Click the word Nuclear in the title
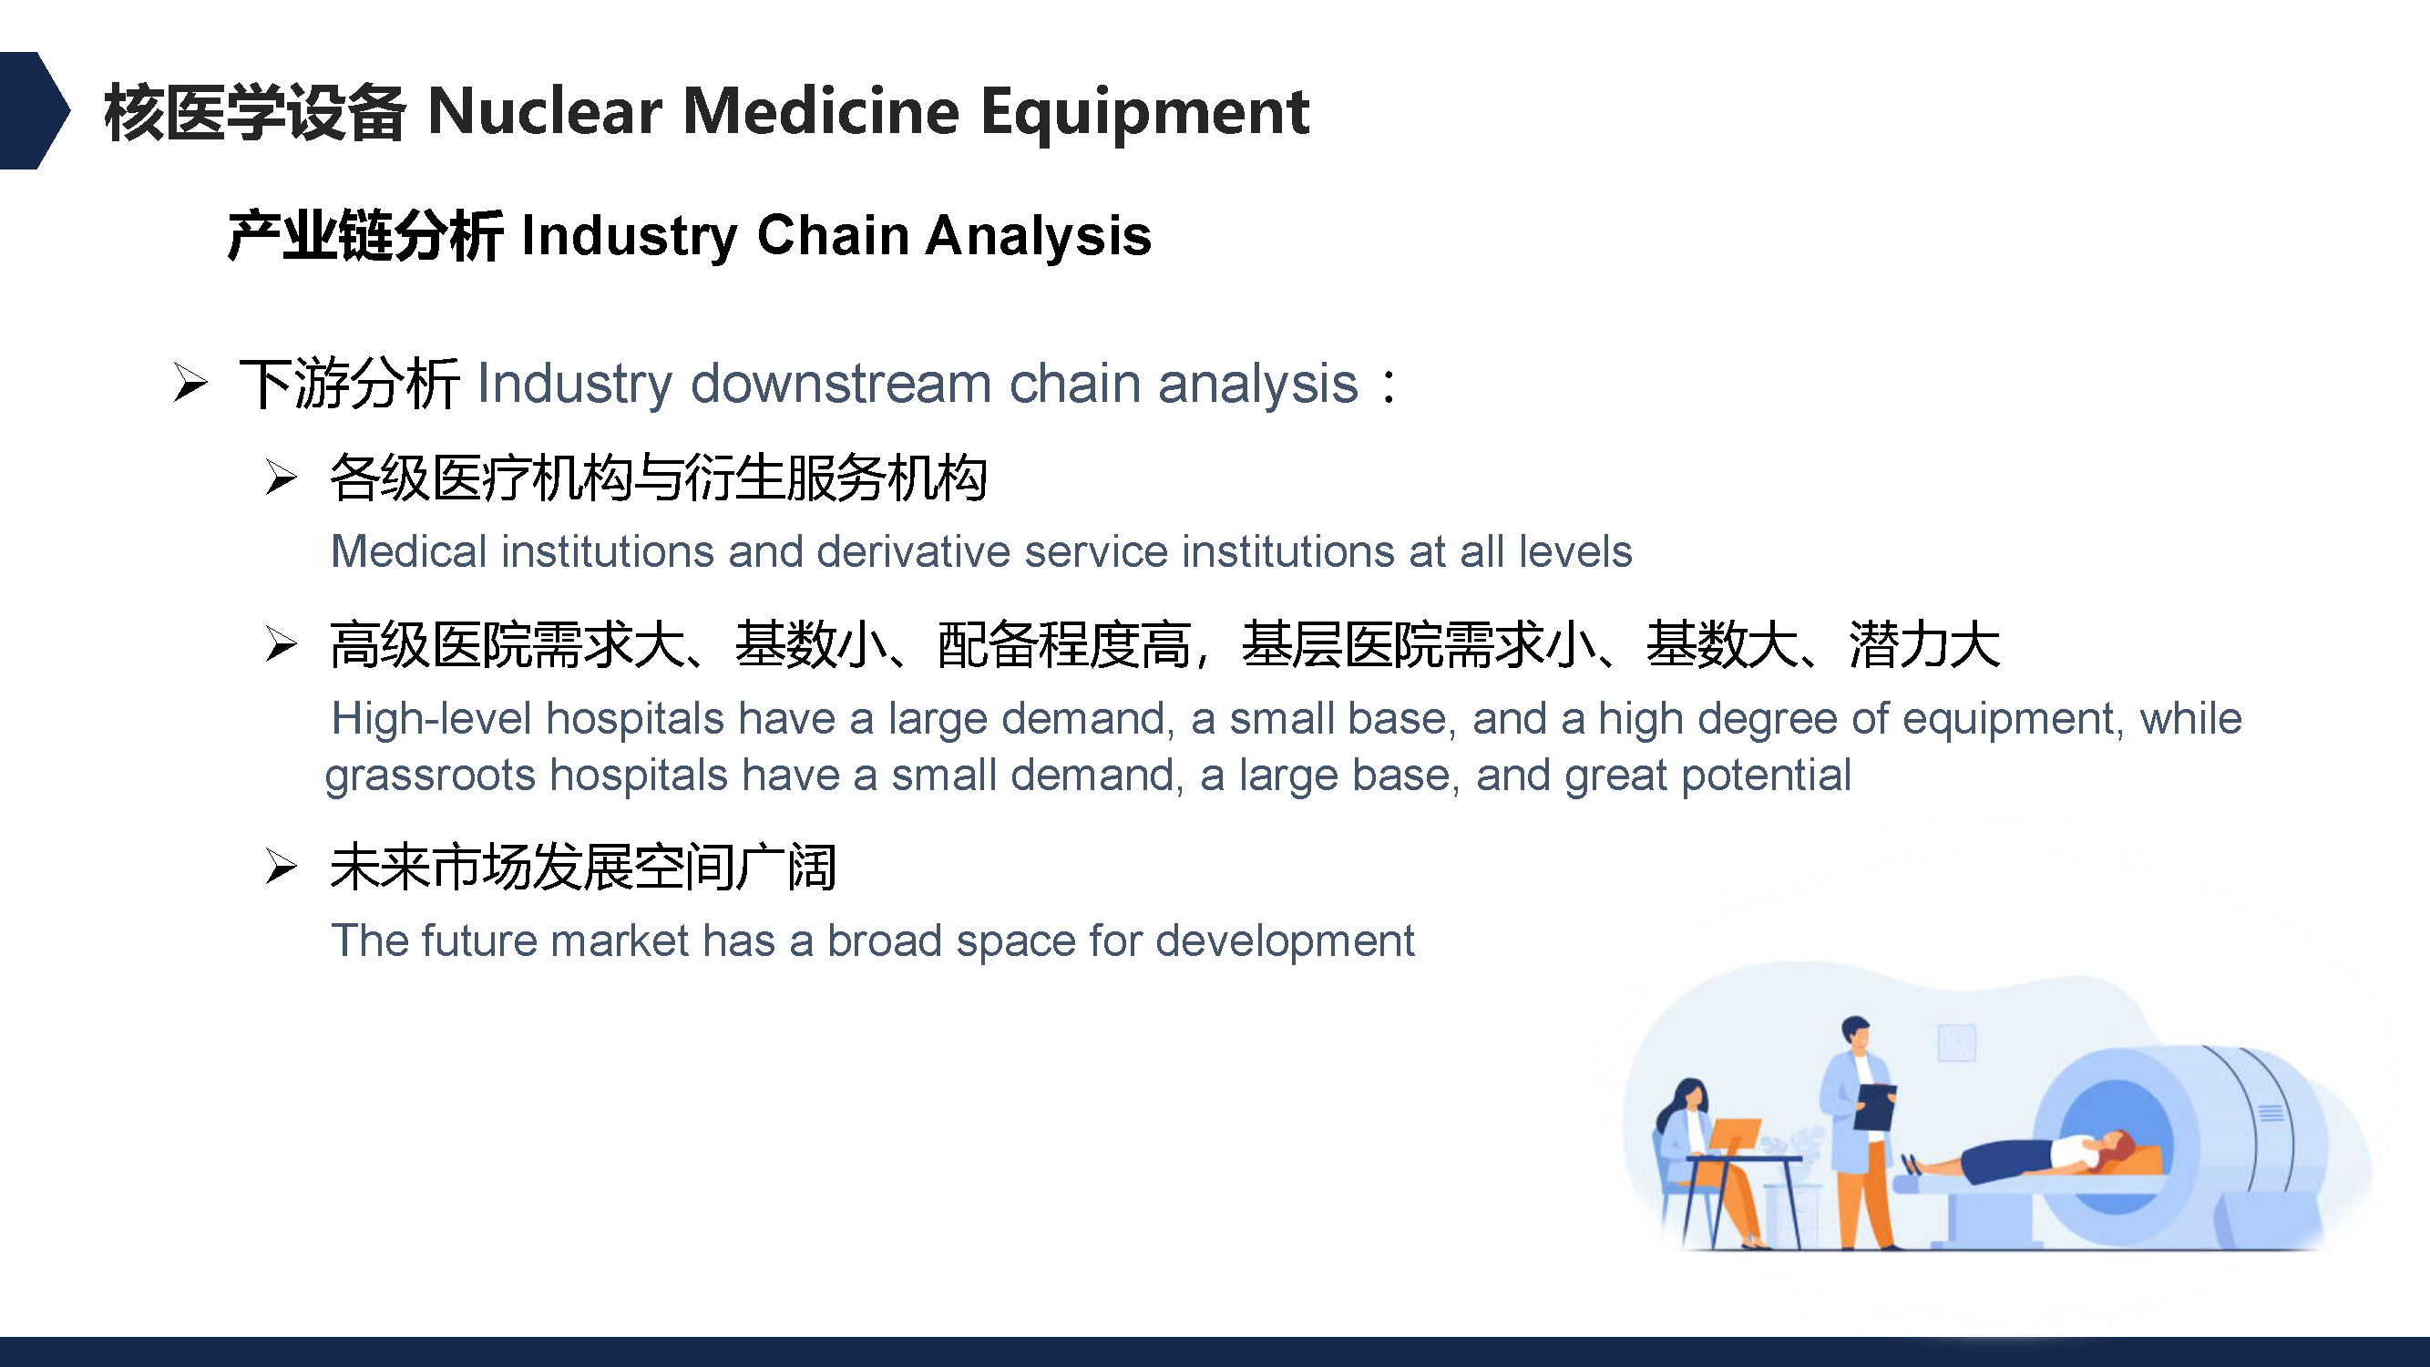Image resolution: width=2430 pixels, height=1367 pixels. (544, 112)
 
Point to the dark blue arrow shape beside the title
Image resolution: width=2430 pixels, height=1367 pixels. (34, 110)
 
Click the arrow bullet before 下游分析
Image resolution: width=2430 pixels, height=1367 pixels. (190, 383)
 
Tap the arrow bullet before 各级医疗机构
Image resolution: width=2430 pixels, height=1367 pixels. (282, 477)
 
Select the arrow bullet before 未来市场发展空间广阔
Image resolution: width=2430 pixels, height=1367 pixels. (282, 866)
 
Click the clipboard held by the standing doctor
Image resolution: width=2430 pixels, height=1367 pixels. (1874, 1106)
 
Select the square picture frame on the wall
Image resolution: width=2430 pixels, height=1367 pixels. (1956, 1043)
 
